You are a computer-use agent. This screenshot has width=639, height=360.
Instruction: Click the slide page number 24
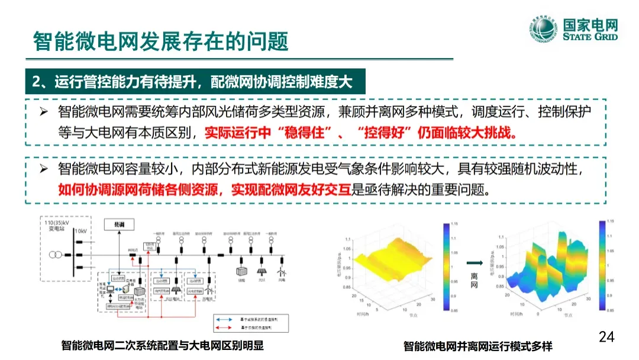(x=606, y=337)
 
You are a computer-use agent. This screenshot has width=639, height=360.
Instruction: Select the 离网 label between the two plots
(x=474, y=281)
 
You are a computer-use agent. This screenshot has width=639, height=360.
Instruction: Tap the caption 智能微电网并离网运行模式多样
(x=478, y=346)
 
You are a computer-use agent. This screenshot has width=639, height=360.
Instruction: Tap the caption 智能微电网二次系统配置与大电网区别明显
(x=162, y=346)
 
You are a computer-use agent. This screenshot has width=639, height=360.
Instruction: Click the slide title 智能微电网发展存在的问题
(x=160, y=41)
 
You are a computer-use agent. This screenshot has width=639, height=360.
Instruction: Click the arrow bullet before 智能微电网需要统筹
(x=43, y=112)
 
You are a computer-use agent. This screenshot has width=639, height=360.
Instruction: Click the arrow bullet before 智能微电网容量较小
(x=43, y=170)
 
